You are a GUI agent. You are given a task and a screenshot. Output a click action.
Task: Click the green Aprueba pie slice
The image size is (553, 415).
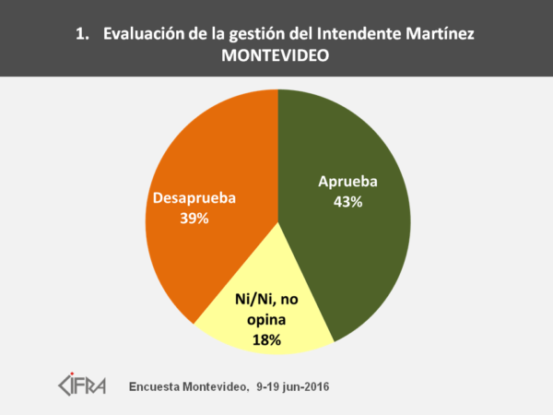(359, 249)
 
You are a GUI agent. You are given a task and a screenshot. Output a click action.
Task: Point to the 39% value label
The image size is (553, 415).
(195, 219)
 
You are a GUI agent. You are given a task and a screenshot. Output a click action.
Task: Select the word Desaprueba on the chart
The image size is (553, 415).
(195, 199)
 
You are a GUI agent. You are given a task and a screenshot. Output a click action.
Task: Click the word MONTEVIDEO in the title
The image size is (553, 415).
(276, 56)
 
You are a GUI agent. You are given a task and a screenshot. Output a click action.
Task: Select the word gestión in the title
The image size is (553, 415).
(251, 35)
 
